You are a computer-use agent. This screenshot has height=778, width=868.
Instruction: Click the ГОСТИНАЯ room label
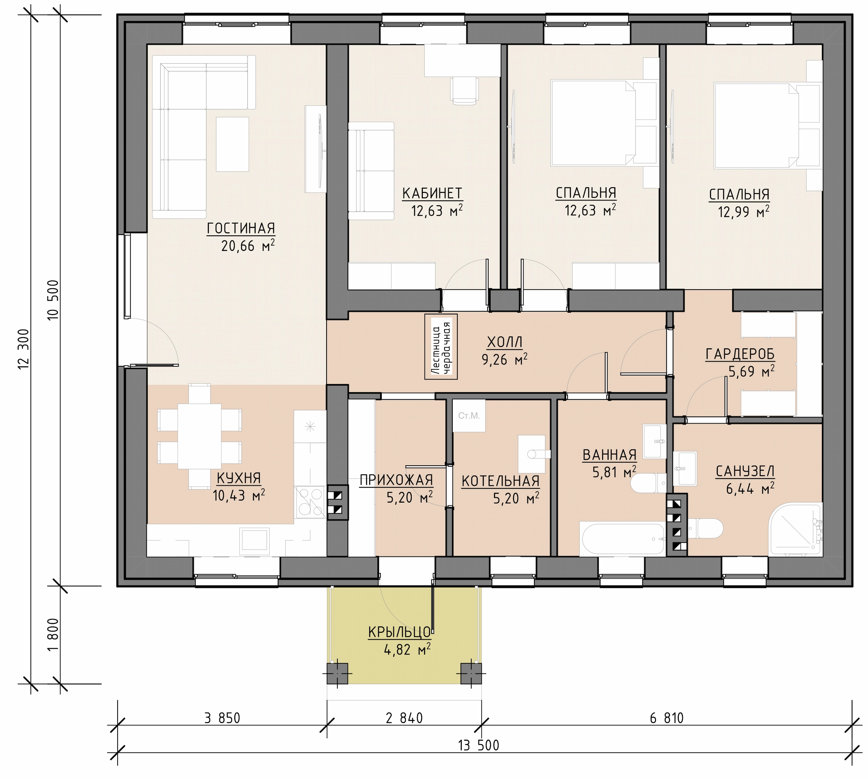point(241,229)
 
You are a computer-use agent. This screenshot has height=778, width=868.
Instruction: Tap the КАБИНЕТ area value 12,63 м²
point(437,211)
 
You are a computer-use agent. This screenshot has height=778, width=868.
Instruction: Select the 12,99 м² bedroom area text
point(744,212)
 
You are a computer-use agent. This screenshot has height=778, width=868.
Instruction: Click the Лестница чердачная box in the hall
point(441,347)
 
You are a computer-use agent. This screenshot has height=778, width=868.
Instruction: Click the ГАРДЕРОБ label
point(740,354)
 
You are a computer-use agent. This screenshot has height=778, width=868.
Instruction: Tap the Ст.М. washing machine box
point(469,415)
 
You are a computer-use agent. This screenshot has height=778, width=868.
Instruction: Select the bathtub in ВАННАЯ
point(622,539)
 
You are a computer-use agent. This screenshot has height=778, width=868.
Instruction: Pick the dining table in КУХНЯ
point(200,436)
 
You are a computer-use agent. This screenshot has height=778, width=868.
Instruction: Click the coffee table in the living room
point(233,144)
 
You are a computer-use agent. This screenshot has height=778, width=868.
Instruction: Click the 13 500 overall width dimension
point(479,745)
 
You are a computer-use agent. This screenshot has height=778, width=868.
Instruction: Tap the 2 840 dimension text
point(404,718)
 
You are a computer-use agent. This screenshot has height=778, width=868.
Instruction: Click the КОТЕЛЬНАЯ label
point(500,481)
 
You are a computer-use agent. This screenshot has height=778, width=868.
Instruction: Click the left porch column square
point(338,674)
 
